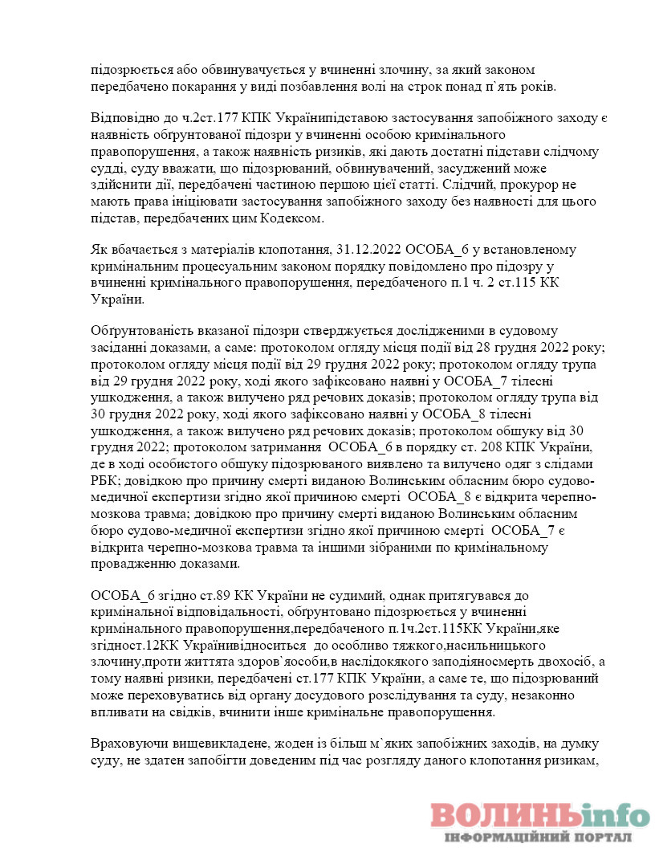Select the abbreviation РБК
pos(108,480)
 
